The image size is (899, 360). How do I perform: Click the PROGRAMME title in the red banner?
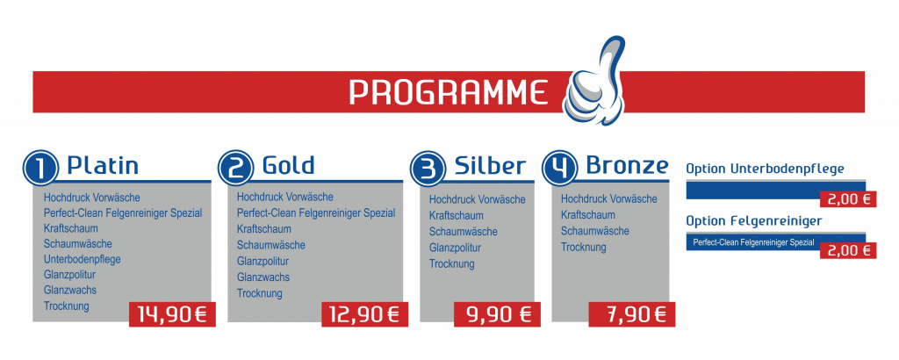(x=449, y=92)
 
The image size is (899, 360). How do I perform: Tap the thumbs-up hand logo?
(x=595, y=82)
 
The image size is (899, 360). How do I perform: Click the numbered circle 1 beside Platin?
(x=41, y=169)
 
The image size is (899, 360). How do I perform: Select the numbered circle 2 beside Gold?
(x=235, y=168)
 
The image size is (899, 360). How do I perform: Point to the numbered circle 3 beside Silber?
(x=428, y=169)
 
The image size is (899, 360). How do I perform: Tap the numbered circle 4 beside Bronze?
(x=560, y=168)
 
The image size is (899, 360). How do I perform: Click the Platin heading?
(x=103, y=166)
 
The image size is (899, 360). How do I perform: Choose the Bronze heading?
(x=627, y=165)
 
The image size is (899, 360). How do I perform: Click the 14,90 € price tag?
(x=172, y=314)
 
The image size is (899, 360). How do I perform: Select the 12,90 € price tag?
(x=364, y=314)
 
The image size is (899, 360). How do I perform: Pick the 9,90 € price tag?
(x=497, y=314)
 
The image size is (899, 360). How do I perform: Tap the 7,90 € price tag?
(x=632, y=314)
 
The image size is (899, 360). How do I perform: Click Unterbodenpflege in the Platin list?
(x=82, y=259)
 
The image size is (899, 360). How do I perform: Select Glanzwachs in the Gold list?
(x=263, y=277)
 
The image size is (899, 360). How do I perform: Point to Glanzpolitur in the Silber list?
(x=455, y=248)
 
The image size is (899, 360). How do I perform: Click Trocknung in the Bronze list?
(x=583, y=248)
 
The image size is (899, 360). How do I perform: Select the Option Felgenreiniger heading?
(x=754, y=220)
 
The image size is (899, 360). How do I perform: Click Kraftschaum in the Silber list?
(x=456, y=215)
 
